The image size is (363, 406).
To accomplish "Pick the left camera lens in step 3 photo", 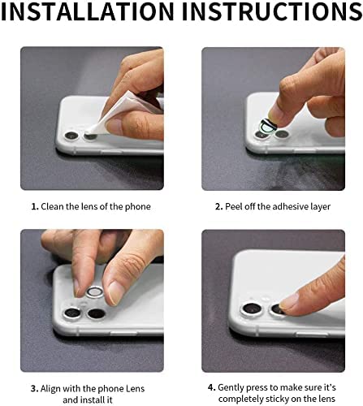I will coord(73,313).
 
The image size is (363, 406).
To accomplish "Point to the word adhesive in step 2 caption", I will coord(296,206).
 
